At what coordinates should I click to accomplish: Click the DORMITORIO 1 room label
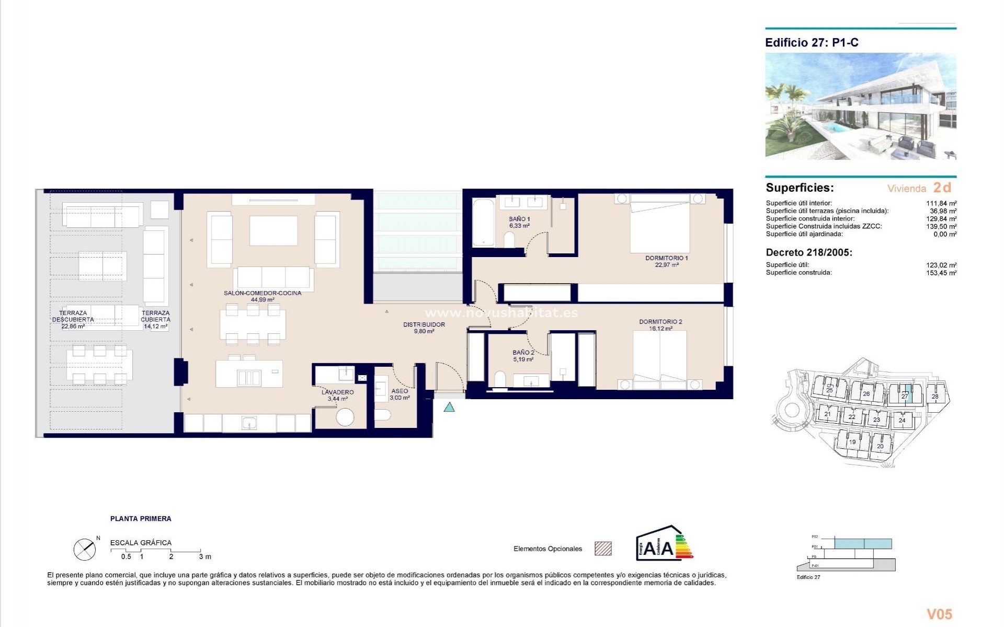point(666,258)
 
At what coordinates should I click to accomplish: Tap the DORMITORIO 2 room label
point(660,322)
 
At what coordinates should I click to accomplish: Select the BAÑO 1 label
point(519,219)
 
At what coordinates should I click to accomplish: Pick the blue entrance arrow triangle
point(449,407)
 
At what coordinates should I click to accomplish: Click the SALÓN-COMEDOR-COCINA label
point(263,293)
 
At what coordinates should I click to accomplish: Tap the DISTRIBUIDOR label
point(424,324)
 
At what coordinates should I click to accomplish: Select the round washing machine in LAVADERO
point(345,416)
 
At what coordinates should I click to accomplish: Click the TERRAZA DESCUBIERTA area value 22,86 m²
point(73,326)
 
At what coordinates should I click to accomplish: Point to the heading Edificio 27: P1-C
point(812,43)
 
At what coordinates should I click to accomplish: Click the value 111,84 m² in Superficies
point(941,203)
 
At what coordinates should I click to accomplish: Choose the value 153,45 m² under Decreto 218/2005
point(941,273)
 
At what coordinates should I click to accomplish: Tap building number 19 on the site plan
point(852,442)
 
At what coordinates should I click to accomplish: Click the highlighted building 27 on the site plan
point(905,396)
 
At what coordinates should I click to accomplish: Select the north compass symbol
point(85,549)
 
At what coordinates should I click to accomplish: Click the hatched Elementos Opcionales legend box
point(603,549)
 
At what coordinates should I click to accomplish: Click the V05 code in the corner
point(939,614)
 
